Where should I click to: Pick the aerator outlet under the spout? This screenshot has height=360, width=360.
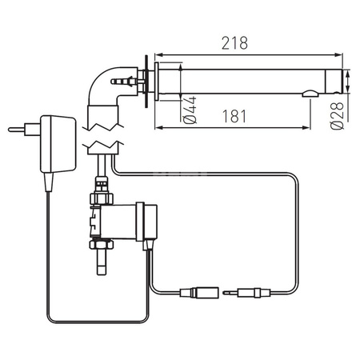(x=309, y=97)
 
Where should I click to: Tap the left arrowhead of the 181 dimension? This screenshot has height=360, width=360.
(x=156, y=126)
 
